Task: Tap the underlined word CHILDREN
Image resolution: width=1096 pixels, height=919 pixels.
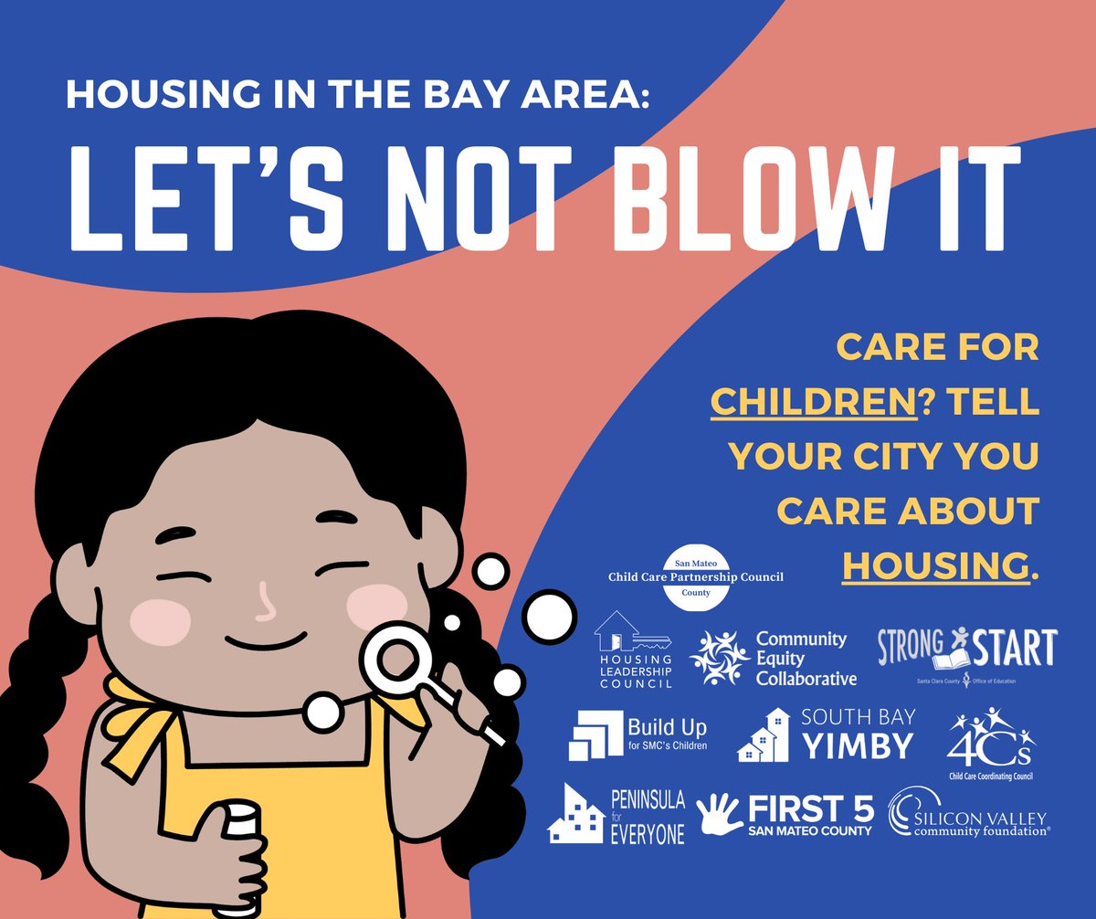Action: point(814,402)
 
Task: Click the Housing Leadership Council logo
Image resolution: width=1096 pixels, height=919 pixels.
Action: point(634,650)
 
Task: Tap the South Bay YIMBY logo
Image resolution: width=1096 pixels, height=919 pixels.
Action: point(826,735)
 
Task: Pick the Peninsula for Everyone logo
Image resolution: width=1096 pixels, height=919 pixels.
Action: point(616,815)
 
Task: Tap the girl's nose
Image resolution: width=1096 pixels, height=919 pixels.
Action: point(266,604)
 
